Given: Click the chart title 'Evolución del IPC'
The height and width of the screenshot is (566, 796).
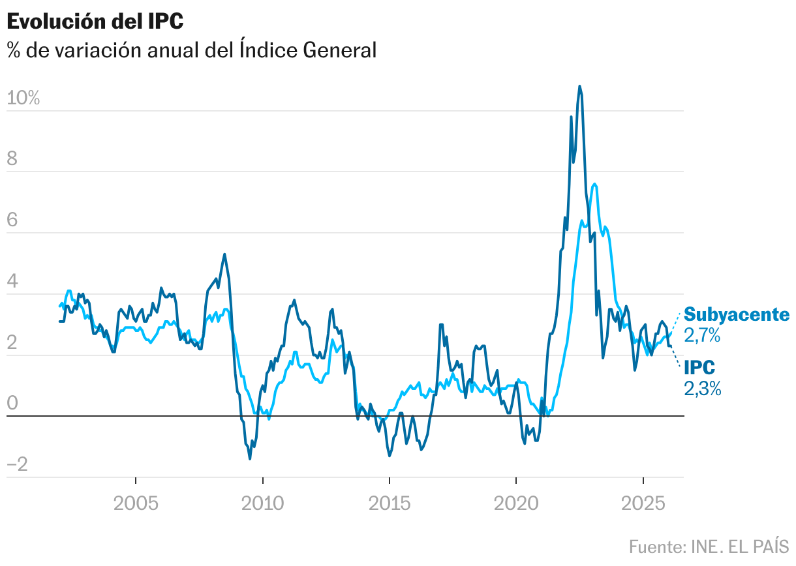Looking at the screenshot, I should point(95,21).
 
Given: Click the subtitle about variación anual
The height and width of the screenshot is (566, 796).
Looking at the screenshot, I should point(192,50).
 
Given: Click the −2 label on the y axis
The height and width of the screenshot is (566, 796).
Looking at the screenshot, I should point(18,465).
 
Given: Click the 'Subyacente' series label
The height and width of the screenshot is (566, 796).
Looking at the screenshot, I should point(737,315).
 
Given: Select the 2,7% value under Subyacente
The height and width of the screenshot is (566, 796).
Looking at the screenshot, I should point(702,336).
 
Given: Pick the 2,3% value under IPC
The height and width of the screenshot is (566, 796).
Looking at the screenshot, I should point(702,389).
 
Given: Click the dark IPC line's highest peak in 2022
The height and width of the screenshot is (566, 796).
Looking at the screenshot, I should point(579,86).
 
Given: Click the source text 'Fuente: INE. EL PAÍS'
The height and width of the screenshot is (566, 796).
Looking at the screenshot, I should point(709,546).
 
